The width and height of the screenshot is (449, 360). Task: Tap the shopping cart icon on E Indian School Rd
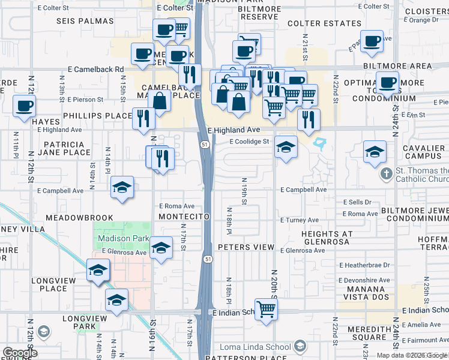(x=267, y=310)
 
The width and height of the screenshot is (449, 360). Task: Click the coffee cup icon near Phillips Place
(x=24, y=106)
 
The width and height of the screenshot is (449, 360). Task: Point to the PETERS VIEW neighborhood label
(x=246, y=247)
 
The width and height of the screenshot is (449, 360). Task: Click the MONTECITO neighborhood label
(x=184, y=216)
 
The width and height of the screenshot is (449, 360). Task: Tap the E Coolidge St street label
(x=249, y=142)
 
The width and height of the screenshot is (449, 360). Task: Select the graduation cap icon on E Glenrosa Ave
(x=161, y=248)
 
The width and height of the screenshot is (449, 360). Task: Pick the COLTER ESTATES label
(x=316, y=24)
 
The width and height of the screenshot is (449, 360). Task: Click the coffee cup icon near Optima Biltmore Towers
(x=388, y=82)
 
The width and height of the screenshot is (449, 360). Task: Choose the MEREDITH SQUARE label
(x=361, y=332)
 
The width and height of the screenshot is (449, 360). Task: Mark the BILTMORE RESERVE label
(x=258, y=13)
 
